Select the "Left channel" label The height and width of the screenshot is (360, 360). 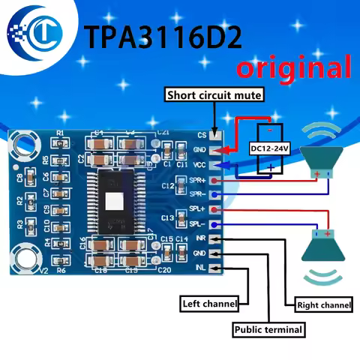pos(210,304)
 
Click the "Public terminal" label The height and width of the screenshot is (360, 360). pos(268,329)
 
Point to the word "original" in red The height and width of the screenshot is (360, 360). pos(293,68)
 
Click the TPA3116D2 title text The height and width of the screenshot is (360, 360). pos(167,37)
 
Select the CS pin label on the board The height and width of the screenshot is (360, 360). pos(201,136)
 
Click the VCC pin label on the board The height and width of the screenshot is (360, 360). pos(199,163)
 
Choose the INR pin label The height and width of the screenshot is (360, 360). pos(200,238)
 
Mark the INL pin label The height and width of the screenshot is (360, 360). pos(200,268)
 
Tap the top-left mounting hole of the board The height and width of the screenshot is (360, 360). pos(25,148)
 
